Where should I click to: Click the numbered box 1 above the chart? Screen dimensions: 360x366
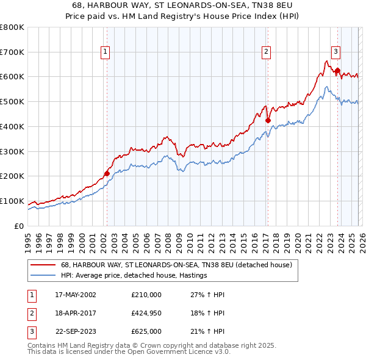coord(106,52)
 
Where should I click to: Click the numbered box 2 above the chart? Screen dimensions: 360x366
coord(267,52)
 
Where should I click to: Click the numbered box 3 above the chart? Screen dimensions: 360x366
coord(336,51)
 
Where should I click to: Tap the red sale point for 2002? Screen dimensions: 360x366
coord(107,173)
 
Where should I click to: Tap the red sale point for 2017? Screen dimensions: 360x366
coord(267,120)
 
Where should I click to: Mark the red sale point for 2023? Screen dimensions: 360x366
coord(337,70)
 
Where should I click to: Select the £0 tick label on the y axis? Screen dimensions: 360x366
coord(20,226)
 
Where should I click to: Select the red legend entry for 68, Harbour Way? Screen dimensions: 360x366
coord(176,265)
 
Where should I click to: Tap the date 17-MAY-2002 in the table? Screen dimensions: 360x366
coord(76,294)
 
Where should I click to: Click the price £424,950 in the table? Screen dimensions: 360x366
coord(146,313)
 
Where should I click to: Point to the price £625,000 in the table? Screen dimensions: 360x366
coord(146,332)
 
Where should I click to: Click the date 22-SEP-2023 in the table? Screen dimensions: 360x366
coord(76,332)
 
